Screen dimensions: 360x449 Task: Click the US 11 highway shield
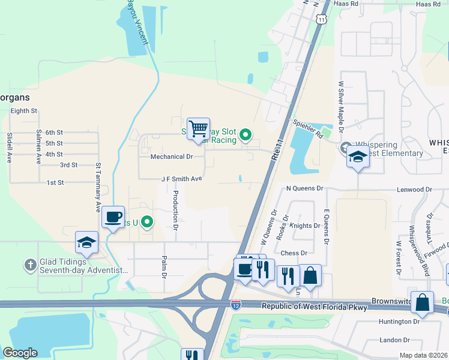pos(323,20)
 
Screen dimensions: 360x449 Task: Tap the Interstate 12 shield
pos(236,305)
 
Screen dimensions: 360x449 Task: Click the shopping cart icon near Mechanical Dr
pos(198,129)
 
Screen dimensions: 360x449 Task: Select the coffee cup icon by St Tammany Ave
pos(113,217)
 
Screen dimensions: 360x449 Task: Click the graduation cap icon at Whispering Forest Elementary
pos(358,157)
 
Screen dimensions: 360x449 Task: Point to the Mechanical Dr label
pos(172,157)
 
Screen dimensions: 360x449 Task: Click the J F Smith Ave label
pos(181,179)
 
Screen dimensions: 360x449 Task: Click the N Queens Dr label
pos(304,188)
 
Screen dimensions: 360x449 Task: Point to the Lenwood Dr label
pos(414,189)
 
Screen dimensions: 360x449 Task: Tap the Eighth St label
pos(24,111)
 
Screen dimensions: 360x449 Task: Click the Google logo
pos(20,353)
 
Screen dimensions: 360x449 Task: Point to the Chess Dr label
pos(294,253)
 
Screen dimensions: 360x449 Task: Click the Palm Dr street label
pos(164,267)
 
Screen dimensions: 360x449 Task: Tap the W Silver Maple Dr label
pos(341,107)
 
